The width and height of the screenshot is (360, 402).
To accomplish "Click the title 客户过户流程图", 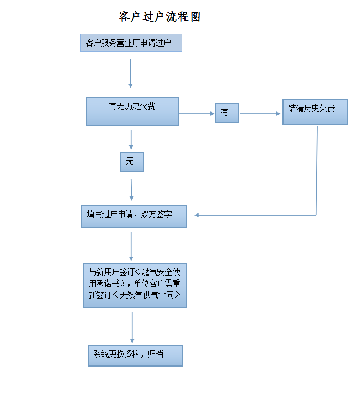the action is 160,17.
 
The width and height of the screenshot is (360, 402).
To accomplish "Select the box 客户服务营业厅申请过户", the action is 131,43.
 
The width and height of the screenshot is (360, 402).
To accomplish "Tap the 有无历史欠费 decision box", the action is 132,111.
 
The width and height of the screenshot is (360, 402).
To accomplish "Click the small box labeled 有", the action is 227,113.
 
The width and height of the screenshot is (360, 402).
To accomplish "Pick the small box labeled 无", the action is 132,162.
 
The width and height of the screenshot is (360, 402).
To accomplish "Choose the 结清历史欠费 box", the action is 315,112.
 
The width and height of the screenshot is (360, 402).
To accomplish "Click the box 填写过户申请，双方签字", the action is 133,217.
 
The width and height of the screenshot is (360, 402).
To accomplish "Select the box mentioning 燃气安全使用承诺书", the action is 135,285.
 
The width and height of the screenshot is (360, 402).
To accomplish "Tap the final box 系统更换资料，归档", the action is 135,355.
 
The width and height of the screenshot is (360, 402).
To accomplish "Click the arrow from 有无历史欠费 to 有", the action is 197,114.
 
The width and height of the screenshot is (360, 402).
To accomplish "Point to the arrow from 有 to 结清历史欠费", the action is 260,114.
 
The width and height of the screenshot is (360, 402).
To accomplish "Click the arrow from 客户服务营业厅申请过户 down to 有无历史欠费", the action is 131,74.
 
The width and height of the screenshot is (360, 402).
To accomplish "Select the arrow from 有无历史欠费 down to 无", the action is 131,140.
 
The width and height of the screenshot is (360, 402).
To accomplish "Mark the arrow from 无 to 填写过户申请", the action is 131,190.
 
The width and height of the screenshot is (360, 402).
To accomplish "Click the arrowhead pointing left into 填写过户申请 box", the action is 197,215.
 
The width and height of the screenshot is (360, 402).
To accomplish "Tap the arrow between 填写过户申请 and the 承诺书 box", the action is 131,247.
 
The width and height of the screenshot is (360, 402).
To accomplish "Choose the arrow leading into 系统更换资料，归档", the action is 132,327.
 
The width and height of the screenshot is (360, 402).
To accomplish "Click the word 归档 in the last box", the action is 156,354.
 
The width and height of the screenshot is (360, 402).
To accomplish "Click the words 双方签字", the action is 156,215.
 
